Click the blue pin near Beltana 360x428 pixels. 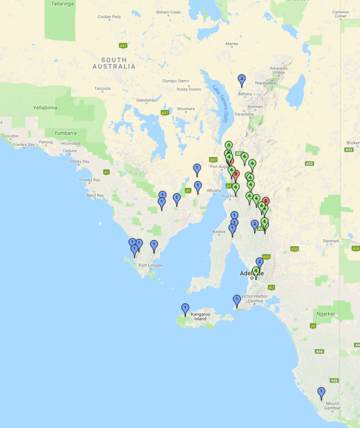pos(242,79)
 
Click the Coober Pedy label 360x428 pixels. pos(109,17)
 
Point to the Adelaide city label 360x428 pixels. pos(252,273)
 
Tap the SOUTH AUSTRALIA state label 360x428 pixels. pos(114,63)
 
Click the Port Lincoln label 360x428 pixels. pos(150,265)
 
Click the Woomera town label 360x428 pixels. pos(186,109)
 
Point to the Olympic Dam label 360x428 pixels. pos(175,81)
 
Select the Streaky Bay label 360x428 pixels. pos(89,180)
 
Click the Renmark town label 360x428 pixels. pos(331,241)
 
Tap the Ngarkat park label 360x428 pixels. pos(325,314)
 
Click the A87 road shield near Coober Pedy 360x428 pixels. pos(123,45)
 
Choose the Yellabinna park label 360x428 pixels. pos(45,108)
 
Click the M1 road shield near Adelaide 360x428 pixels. pos(271,287)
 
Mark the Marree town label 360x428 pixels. pos(232,44)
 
